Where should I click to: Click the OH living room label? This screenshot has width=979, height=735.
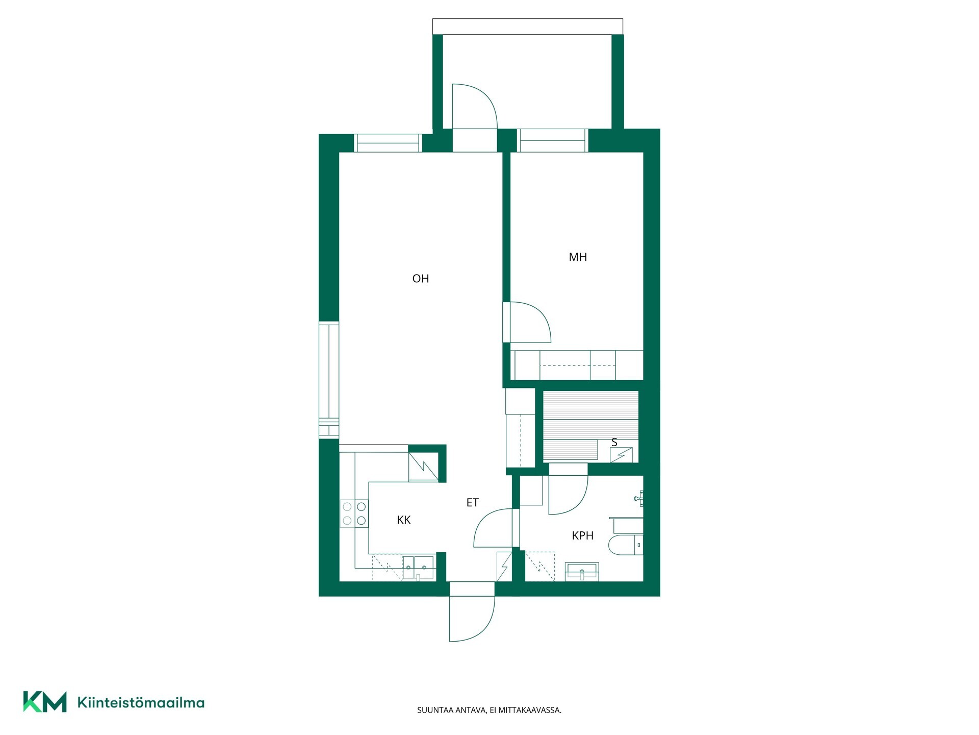[x=421, y=279]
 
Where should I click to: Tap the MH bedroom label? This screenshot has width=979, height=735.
[x=578, y=257]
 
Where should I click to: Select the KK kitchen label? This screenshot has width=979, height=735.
[x=404, y=520]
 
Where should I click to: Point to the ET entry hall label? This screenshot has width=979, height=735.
[x=473, y=503]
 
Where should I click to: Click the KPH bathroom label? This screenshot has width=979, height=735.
[x=583, y=536]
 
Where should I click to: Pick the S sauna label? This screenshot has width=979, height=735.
[x=614, y=443]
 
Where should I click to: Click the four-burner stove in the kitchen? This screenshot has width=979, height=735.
[x=354, y=513]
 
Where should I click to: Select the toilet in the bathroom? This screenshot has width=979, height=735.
[x=626, y=545]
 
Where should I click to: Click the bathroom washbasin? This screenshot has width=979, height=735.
[x=582, y=572]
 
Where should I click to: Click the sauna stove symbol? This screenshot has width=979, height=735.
[x=622, y=455]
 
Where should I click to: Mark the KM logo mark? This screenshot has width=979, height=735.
[x=45, y=702]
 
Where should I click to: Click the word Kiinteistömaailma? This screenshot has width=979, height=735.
[x=141, y=702]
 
